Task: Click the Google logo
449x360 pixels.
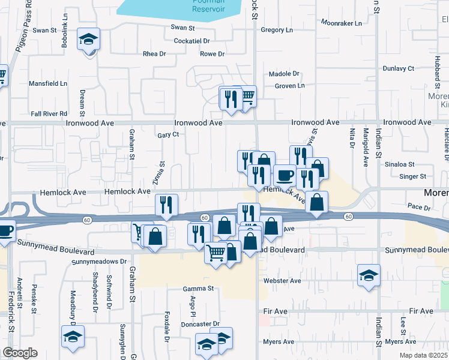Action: pyautogui.click(x=20, y=353)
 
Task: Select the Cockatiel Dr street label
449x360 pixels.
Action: pyautogui.click(x=191, y=41)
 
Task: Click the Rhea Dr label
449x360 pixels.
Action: pyautogui.click(x=154, y=54)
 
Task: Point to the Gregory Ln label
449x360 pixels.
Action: pyautogui.click(x=276, y=30)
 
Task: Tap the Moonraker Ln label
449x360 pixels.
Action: pyautogui.click(x=341, y=23)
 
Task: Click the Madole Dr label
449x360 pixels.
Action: pyautogui.click(x=283, y=74)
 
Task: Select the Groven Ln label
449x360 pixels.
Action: pyautogui.click(x=289, y=86)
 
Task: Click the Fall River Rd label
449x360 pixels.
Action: pyautogui.click(x=49, y=113)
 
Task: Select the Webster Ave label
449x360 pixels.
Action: pyautogui.click(x=282, y=280)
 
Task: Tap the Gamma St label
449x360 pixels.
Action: pyautogui.click(x=198, y=289)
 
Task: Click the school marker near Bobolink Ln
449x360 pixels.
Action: pyautogui.click(x=89, y=40)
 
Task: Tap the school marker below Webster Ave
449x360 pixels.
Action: pyautogui.click(x=369, y=276)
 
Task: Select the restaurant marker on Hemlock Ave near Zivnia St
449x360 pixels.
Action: pyautogui.click(x=166, y=205)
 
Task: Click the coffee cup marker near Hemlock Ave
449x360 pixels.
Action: pyautogui.click(x=285, y=175)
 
